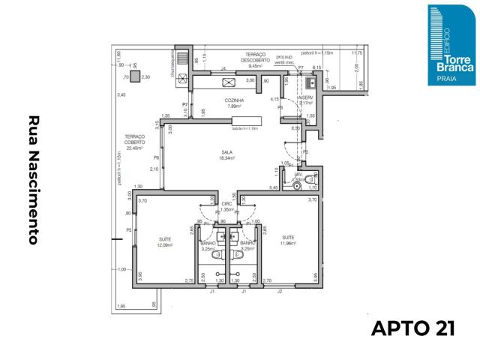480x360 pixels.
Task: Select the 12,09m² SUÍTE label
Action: point(165,242)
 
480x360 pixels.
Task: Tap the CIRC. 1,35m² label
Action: point(226,207)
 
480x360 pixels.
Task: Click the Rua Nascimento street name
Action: point(34,180)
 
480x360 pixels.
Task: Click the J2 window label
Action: point(280,290)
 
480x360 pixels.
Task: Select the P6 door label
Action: point(156,157)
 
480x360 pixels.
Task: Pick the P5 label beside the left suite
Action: point(129,230)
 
